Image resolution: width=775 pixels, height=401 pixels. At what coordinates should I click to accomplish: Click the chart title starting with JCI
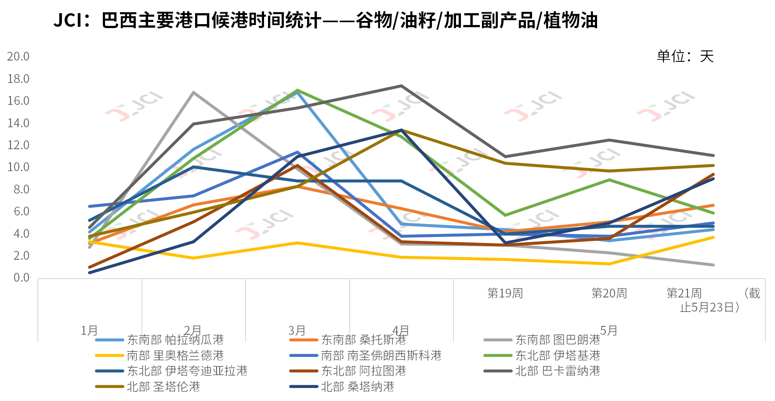coord(325,21)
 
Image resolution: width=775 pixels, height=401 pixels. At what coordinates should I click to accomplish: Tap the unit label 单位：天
coord(685,56)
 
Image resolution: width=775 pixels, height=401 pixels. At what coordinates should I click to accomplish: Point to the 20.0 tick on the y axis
coord(18,57)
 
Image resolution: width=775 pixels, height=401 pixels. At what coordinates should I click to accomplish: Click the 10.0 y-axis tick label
coord(18,167)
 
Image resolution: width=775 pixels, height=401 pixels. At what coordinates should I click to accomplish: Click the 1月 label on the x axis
coord(89,330)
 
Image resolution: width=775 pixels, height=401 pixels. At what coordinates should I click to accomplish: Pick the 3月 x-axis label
coord(297,330)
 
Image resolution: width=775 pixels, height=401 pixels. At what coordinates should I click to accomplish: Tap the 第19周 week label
coord(505,293)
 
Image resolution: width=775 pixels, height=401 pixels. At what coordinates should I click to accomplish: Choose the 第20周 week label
coord(609,293)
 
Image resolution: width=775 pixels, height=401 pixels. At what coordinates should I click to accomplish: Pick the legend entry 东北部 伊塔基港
coord(558,355)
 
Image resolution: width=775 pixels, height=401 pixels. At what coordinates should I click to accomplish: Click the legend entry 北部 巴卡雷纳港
coord(558,371)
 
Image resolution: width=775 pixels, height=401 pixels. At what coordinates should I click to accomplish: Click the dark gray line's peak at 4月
coord(401,86)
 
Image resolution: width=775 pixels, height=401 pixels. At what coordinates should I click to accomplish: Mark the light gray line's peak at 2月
coord(193,93)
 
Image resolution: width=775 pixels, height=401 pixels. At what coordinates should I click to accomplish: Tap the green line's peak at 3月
coord(297,90)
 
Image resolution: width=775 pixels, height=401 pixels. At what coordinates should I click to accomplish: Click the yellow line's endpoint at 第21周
coord(713,237)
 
